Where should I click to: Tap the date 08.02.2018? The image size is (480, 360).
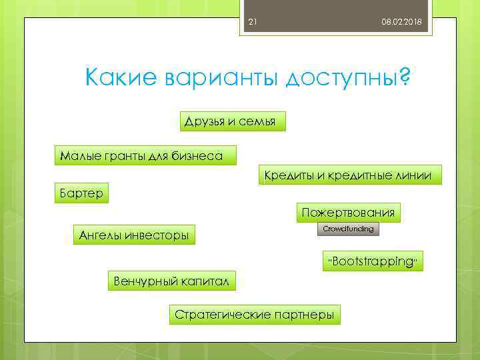[401, 23]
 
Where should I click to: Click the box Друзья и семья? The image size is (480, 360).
[233, 121]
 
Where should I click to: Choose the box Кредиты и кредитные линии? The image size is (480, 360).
[349, 175]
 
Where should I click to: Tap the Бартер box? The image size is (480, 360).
[80, 193]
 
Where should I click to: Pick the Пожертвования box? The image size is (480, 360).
[348, 213]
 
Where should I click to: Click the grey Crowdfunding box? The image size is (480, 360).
[348, 229]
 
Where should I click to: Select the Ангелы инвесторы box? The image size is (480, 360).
[133, 235]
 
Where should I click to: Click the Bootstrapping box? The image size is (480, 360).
[373, 261]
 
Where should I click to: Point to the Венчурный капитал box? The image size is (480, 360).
[172, 281]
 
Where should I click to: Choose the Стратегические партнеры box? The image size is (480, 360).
[254, 315]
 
